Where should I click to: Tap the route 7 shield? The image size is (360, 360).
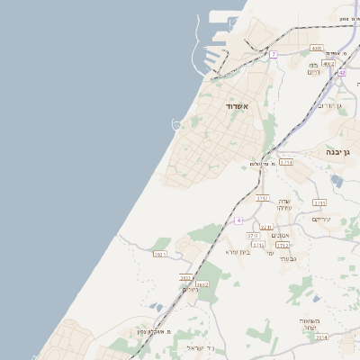pos(273,55)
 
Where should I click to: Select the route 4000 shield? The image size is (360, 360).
pos(316,48)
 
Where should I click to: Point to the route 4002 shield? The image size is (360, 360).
pos(328,64)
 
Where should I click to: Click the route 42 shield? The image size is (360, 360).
pos(341,72)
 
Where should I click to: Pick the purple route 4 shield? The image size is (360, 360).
pos(238,220)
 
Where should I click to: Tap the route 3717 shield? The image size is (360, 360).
pos(263,198)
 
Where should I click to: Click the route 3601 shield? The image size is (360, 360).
pos(160,255)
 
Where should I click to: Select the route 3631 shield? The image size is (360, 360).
pos(185,277)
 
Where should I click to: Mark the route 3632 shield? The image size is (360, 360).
pos(202,284)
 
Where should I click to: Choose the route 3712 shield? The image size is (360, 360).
pos(283,245)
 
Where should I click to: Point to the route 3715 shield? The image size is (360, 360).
pos(253,236)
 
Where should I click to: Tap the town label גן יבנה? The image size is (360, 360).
pos(343,153)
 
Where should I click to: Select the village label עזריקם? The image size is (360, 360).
pos(321,219)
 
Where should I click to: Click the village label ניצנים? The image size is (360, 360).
pos(190,290)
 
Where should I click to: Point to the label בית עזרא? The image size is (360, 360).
pos(238,252)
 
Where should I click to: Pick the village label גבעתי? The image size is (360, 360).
pos(288,259)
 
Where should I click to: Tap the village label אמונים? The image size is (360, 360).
pos(278,235)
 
